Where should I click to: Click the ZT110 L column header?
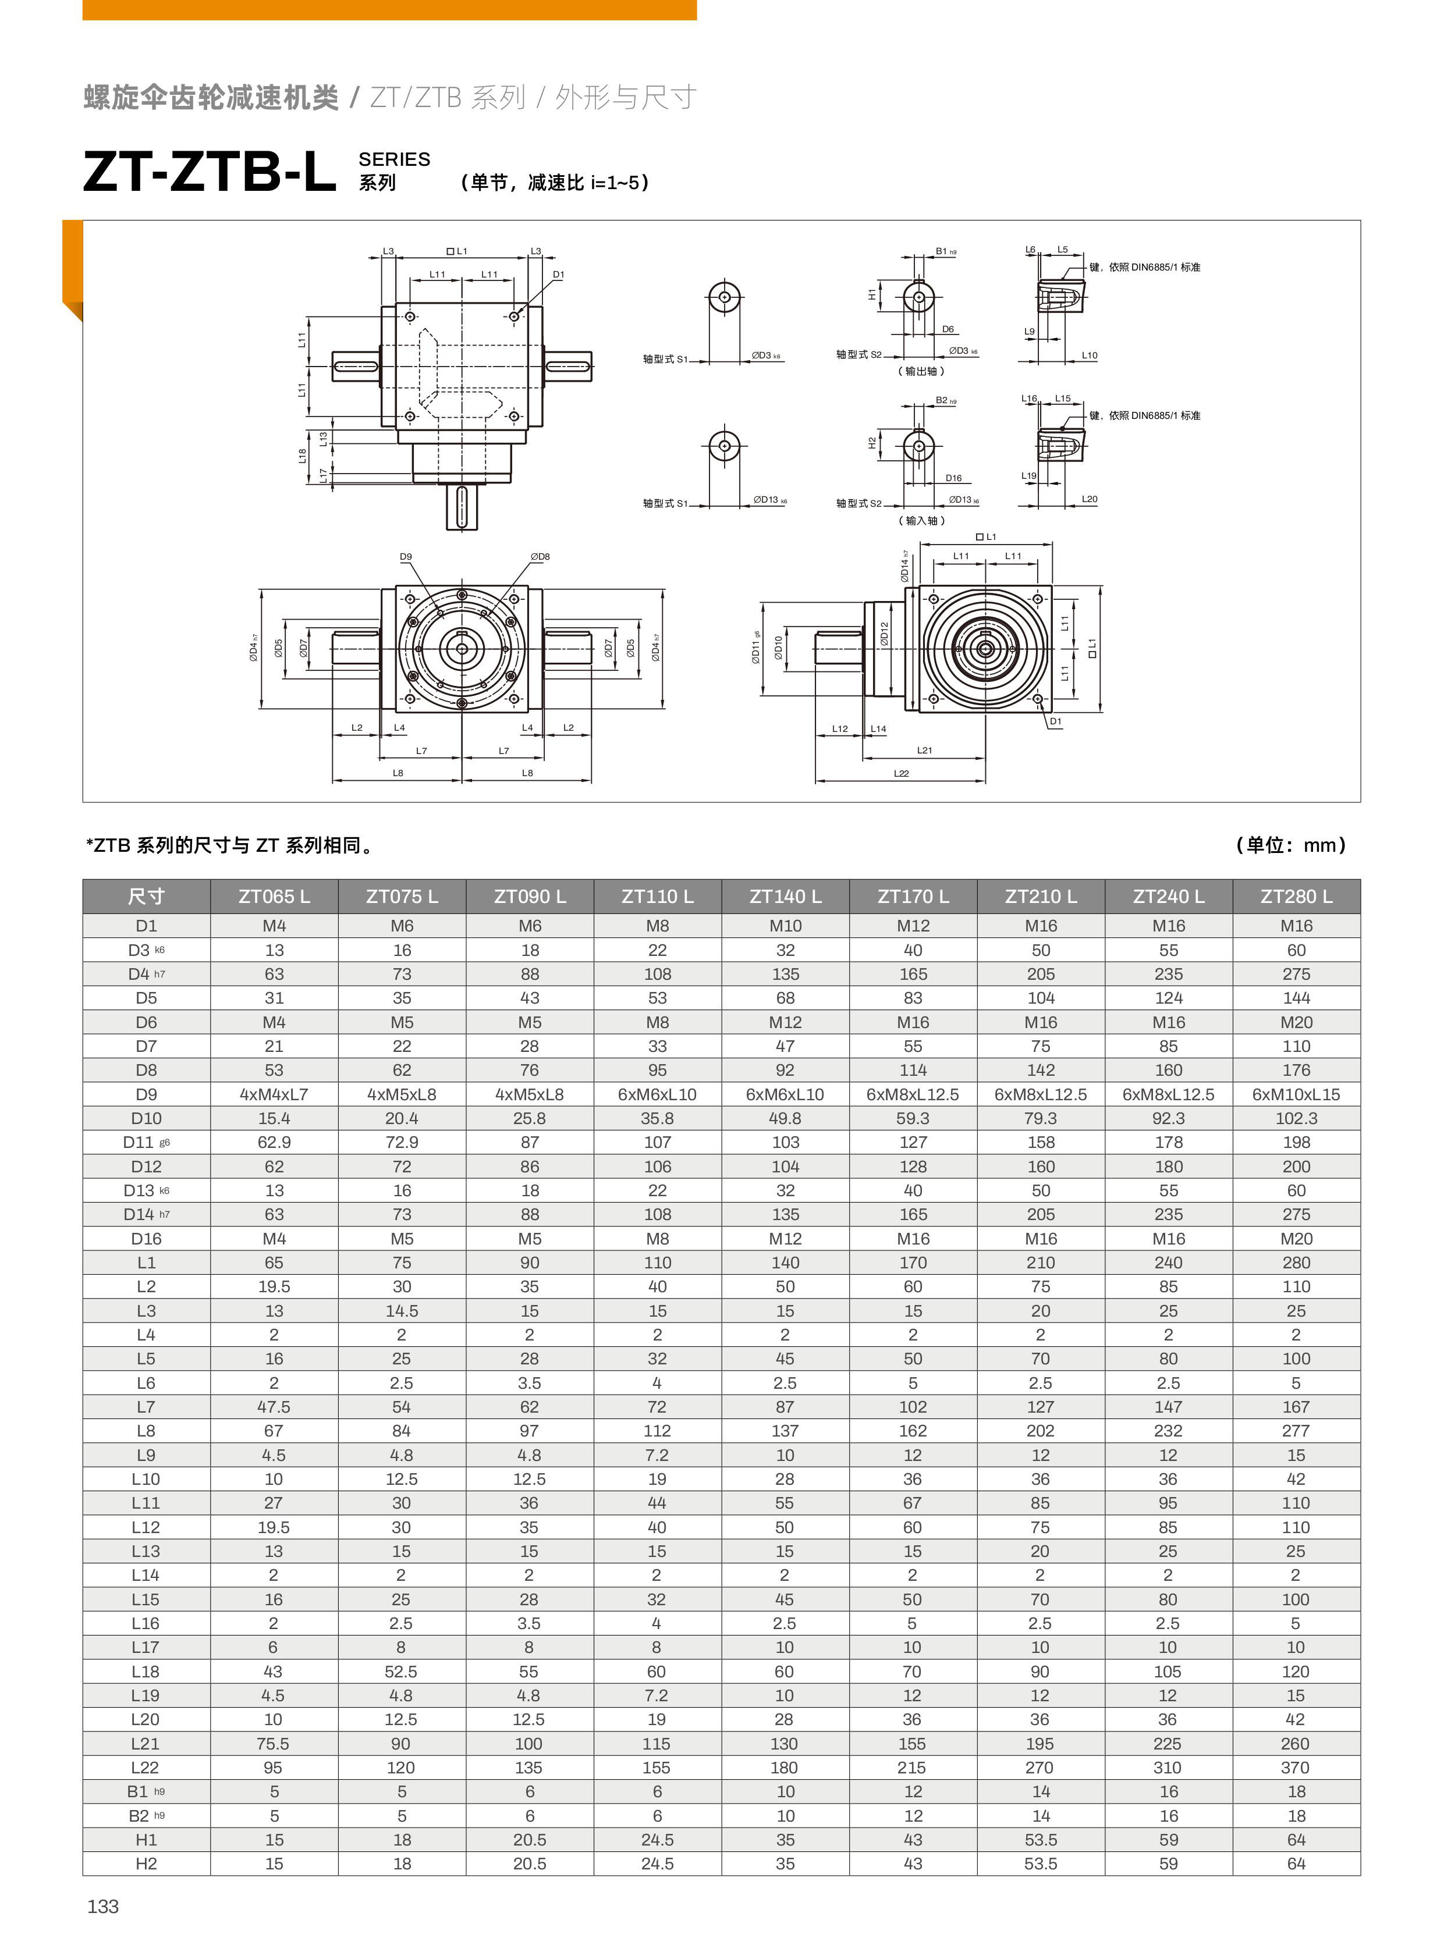(657, 897)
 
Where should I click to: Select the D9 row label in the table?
(146, 1094)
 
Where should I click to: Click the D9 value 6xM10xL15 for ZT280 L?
(1296, 1094)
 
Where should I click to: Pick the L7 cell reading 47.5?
(274, 1407)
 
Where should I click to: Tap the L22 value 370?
(1296, 1768)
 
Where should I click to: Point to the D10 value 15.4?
(274, 1118)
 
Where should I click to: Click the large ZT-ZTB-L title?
(210, 171)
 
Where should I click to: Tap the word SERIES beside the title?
(394, 159)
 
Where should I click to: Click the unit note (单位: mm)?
(1290, 845)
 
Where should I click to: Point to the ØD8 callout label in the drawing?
(540, 557)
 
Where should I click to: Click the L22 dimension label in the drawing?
(901, 773)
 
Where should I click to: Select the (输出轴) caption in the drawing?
(921, 371)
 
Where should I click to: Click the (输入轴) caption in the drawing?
(921, 521)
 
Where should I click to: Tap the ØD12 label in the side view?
(884, 634)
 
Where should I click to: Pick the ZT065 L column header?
(274, 897)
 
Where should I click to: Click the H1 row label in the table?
(146, 1839)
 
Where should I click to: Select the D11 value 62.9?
(274, 1142)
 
